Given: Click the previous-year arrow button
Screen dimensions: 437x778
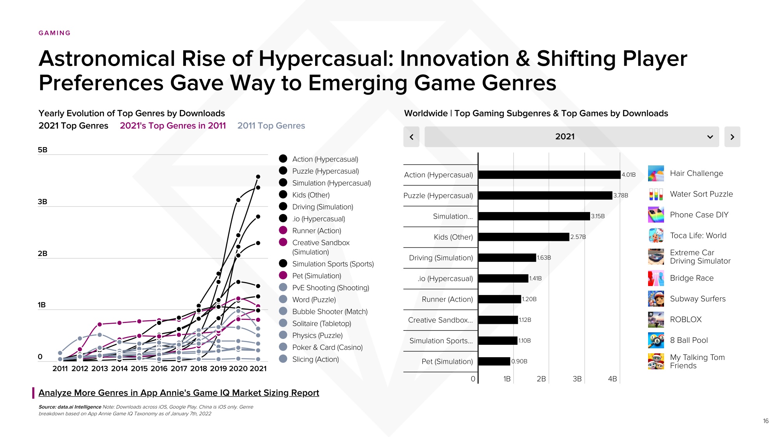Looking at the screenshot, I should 411,137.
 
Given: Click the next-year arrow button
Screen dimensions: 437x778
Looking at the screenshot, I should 732,137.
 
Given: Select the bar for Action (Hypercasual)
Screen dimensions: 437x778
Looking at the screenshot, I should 549,175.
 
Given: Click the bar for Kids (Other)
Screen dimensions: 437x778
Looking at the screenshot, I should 524,237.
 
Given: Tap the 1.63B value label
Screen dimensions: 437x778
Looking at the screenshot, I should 544,258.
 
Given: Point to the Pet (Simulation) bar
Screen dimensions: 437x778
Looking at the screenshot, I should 494,362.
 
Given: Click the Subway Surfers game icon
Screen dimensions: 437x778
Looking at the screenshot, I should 656,299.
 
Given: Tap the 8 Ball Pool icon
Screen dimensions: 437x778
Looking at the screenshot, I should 656,340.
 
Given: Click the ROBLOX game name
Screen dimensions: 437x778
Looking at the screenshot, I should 685,319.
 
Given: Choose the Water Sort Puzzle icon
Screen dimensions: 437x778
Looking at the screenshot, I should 656,194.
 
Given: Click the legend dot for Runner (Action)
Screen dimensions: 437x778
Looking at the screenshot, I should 283,230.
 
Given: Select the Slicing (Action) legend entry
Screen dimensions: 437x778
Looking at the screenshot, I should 315,359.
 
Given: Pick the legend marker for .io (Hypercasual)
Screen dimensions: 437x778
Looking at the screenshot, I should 283,218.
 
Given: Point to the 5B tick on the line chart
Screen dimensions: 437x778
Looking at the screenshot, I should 42,150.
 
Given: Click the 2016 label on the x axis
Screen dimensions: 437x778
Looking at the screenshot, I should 159,369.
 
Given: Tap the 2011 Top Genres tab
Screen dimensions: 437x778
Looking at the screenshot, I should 271,126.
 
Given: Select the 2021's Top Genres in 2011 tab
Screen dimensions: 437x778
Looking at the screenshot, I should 173,126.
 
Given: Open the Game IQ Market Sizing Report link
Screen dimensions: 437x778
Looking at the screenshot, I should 179,393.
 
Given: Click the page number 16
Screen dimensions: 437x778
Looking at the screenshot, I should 766,421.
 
